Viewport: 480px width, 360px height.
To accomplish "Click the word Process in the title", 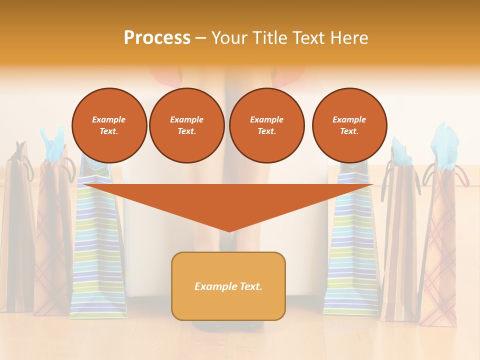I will (157, 38).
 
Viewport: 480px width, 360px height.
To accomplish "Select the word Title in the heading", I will (273, 38).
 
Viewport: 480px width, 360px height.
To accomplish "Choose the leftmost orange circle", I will (109, 125).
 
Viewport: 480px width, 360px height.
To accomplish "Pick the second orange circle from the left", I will (186, 125).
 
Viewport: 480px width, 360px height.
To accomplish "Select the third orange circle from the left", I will (266, 125).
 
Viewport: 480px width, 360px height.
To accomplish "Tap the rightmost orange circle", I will (349, 125).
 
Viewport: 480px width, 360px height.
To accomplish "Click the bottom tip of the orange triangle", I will (229, 230).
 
